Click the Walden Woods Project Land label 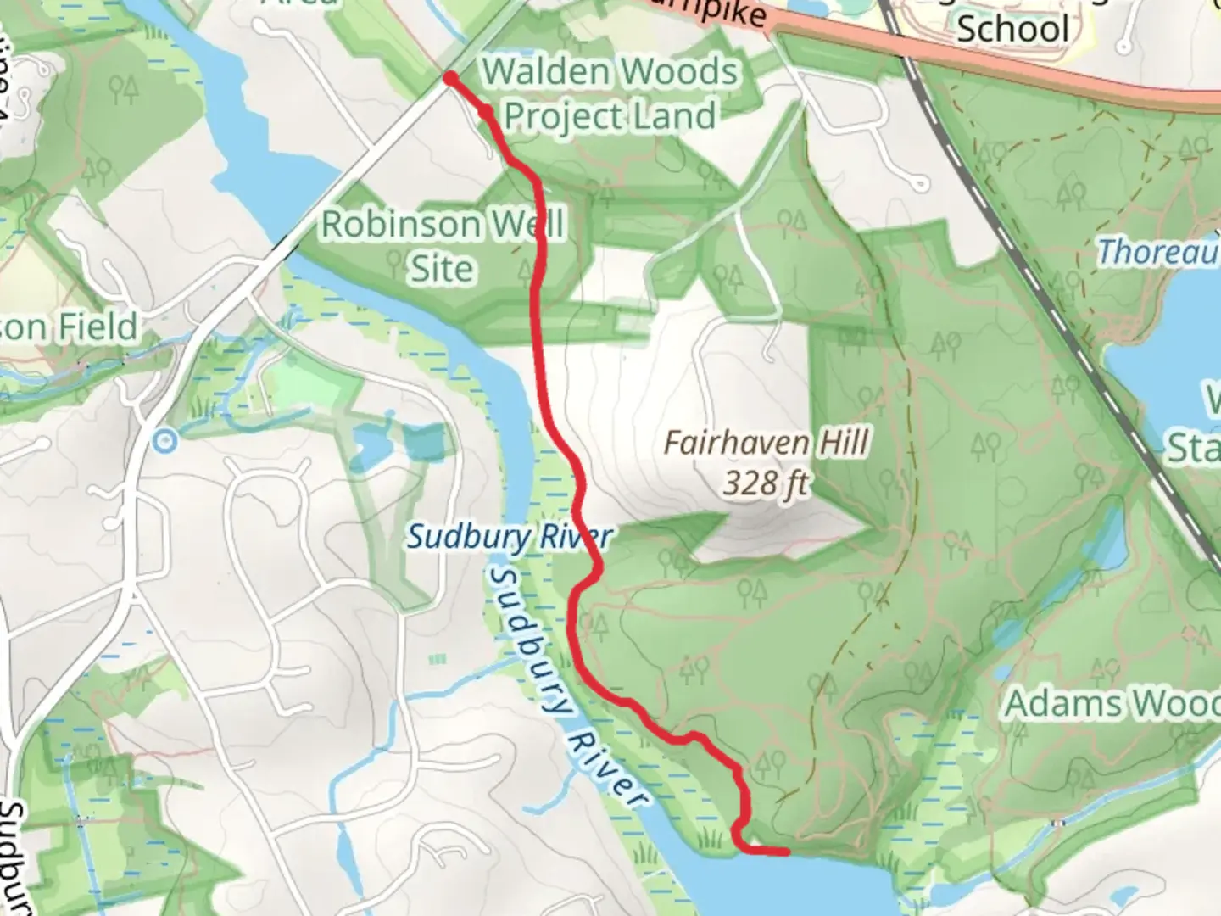pos(610,94)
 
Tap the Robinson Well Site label pos(442,246)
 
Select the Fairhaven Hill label pos(766,442)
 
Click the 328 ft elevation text pos(766,483)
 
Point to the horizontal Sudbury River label pos(509,536)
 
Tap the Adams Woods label pos(1111,704)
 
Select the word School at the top pos(1012,28)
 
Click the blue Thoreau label pos(1158,252)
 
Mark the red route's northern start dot pos(450,79)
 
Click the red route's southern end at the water pos(787,851)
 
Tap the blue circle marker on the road pos(165,440)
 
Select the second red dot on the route pos(486,111)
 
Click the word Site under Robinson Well pos(442,268)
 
